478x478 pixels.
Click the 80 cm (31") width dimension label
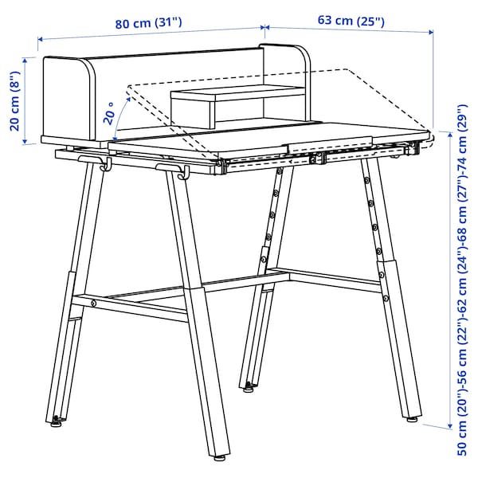[x=149, y=23]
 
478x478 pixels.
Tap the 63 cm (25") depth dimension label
[x=351, y=21]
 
